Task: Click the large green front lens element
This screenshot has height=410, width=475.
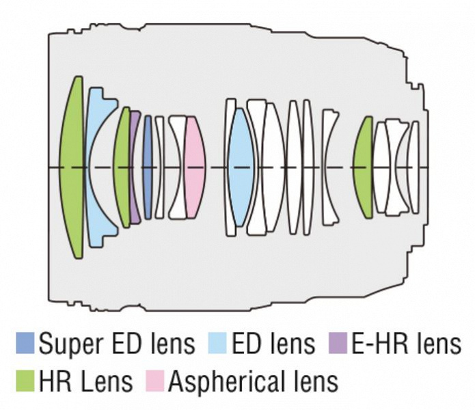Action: [x=72, y=167]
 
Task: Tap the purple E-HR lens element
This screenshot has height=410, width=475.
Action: [x=135, y=167]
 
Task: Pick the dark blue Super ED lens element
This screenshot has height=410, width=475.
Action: [x=148, y=167]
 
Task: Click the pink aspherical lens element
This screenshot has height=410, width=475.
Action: [x=195, y=167]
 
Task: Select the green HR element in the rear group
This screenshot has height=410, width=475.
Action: [x=364, y=167]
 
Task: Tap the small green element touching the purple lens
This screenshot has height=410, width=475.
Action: [x=124, y=167]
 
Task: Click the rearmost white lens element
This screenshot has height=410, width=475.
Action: [x=413, y=167]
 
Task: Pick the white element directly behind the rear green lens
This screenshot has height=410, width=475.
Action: [x=380, y=167]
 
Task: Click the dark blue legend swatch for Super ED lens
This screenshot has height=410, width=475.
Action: [x=25, y=344]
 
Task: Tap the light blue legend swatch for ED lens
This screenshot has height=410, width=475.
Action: [x=217, y=344]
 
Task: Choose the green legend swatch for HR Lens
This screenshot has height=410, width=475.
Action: [x=25, y=381]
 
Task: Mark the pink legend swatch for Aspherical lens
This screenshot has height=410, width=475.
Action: [x=154, y=381]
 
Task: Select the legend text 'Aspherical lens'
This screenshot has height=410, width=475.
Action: [x=253, y=381]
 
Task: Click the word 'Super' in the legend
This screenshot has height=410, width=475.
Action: [x=66, y=344]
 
